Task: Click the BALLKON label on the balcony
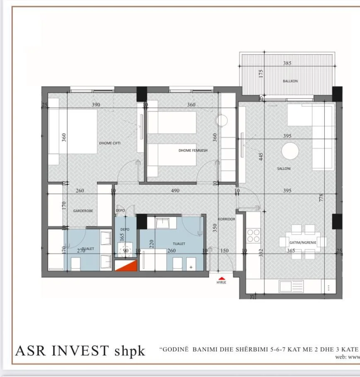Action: pyautogui.click(x=290, y=81)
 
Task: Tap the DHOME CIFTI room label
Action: pyautogui.click(x=110, y=143)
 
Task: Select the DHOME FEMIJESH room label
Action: pyautogui.click(x=193, y=151)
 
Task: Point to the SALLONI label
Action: pyautogui.click(x=284, y=168)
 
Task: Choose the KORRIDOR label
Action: pyautogui.click(x=227, y=219)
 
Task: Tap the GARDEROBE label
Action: pyautogui.click(x=83, y=211)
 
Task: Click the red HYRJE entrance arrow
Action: pyautogui.click(x=222, y=278)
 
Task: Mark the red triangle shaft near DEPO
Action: pyautogui.click(x=126, y=266)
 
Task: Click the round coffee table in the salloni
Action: pyautogui.click(x=290, y=151)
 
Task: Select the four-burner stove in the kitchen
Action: pyautogui.click(x=253, y=235)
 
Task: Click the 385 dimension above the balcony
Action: pyautogui.click(x=287, y=63)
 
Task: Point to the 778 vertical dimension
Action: pyautogui.click(x=321, y=198)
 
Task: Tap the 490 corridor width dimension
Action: pyautogui.click(x=175, y=191)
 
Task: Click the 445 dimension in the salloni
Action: pyautogui.click(x=261, y=156)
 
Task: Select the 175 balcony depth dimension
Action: pyautogui.click(x=261, y=74)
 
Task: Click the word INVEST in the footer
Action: pyautogui.click(x=81, y=350)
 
